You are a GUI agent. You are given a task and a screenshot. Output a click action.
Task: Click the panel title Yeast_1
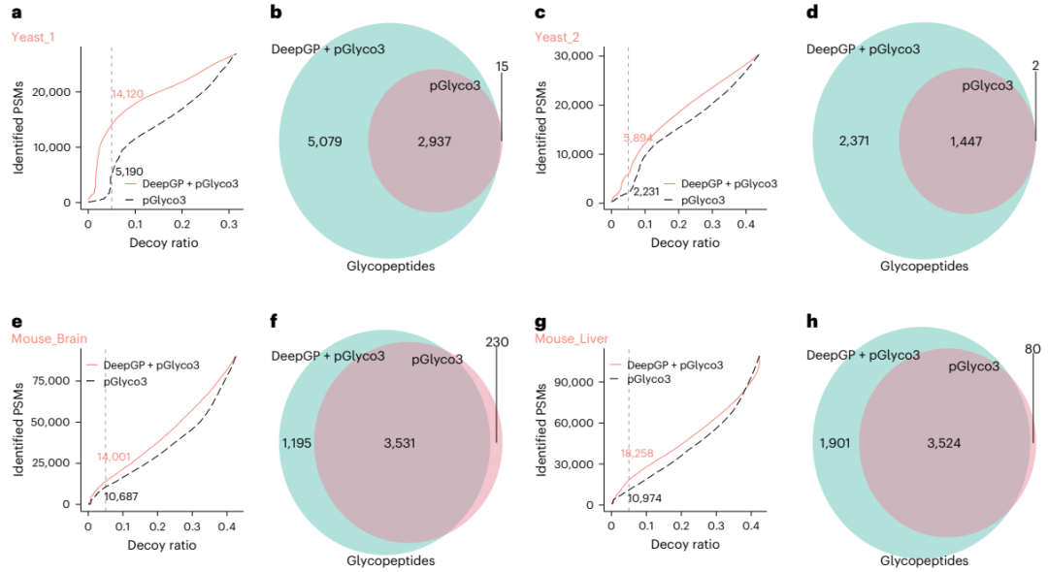coord(35,37)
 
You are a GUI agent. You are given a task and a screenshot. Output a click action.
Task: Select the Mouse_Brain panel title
coord(49,338)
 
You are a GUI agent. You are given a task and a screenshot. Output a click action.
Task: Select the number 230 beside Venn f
coord(496,341)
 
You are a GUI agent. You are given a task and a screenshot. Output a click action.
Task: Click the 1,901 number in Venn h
coord(835,443)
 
